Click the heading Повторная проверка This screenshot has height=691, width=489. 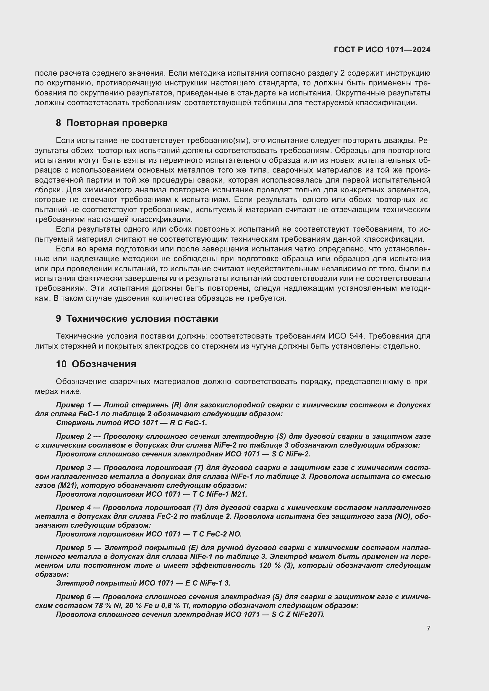pyautogui.click(x=116, y=123)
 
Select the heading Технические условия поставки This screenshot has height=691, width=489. pyautogui.click(x=142, y=318)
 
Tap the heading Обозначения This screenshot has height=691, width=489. pyautogui.click(x=104, y=364)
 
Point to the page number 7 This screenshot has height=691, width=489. pyautogui.click(x=428, y=628)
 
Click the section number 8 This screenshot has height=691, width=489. pyautogui.click(x=59, y=123)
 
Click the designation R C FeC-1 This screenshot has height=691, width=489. pyautogui.click(x=188, y=423)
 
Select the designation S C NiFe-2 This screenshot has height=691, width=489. pyautogui.click(x=291, y=454)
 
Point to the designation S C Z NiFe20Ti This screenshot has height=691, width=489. pyautogui.click(x=298, y=614)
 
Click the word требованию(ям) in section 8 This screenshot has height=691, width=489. pyautogui.click(x=218, y=141)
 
